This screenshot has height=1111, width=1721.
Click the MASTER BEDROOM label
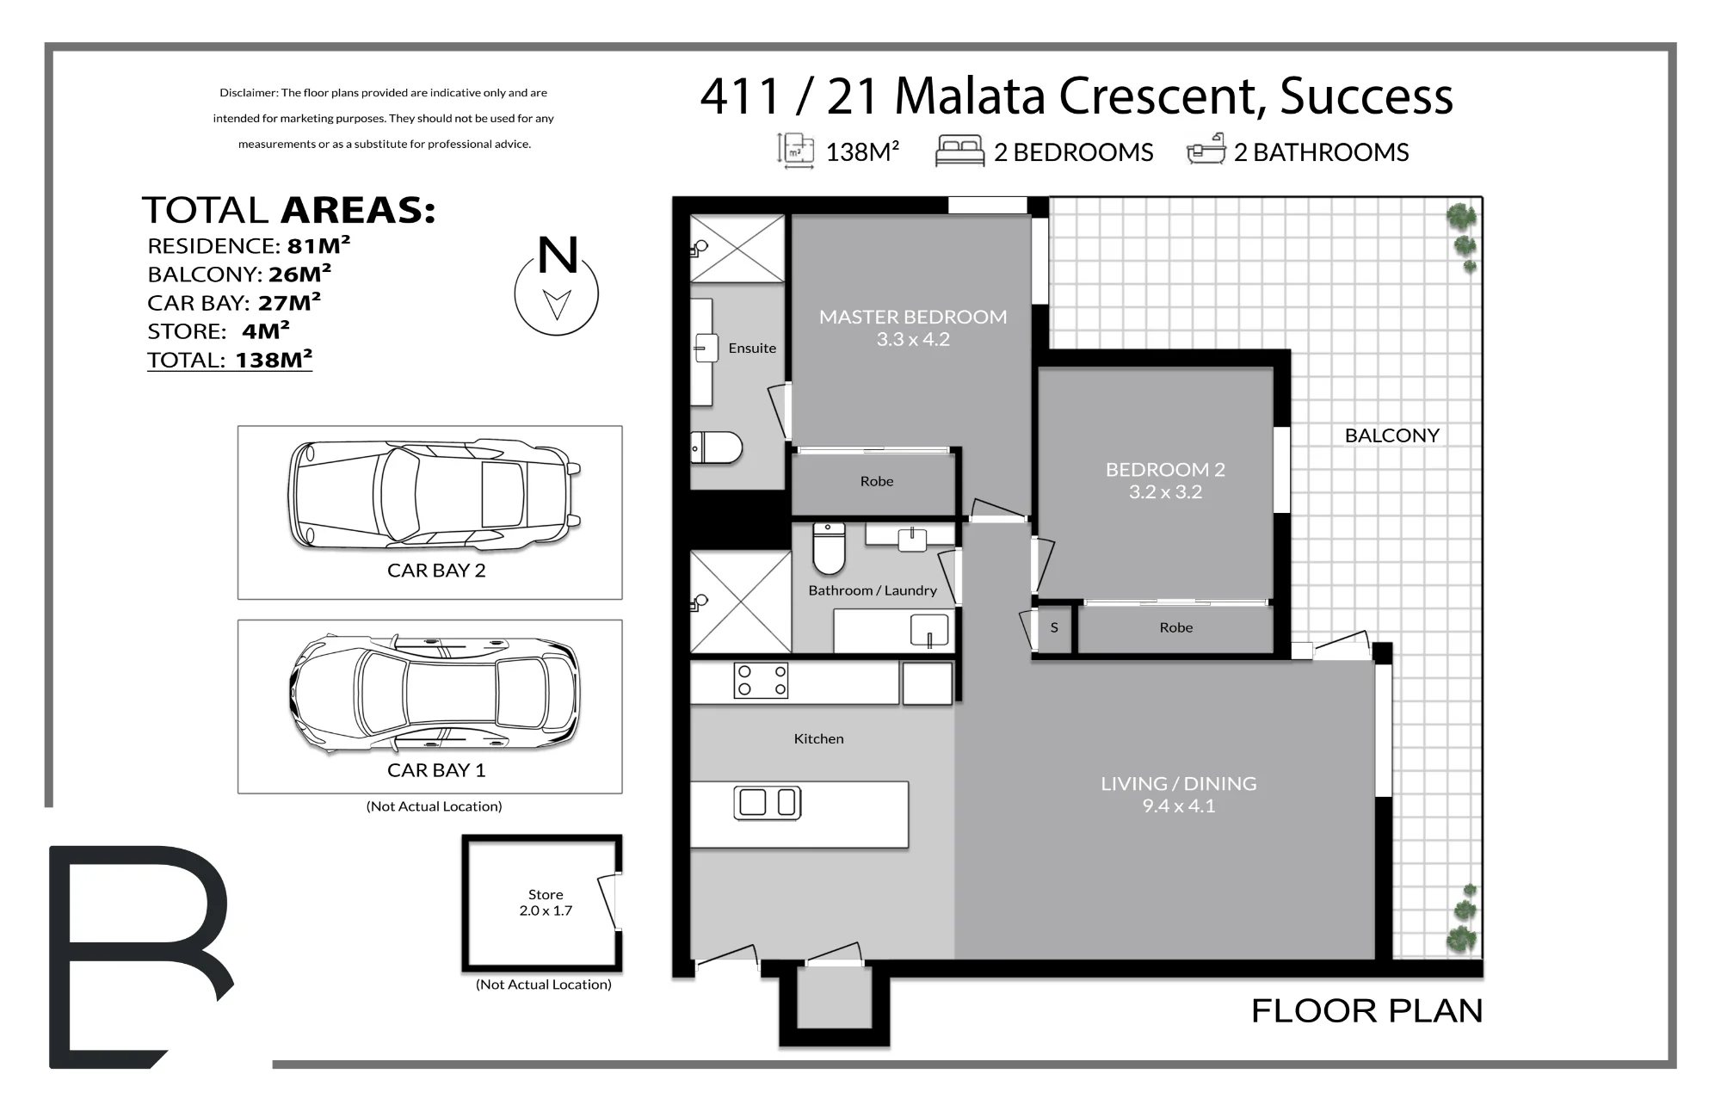(913, 317)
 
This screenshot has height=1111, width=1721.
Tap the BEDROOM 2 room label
(1165, 470)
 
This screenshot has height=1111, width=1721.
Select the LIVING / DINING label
(1178, 784)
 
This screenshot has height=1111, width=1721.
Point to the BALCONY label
(1391, 435)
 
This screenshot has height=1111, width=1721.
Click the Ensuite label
(752, 348)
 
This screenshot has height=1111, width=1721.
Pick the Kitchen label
(818, 738)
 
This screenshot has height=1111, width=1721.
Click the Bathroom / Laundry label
(873, 590)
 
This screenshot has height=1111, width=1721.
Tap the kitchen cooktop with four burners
(761, 681)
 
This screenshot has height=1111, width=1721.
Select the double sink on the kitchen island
(768, 802)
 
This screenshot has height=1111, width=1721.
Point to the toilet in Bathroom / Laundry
(829, 548)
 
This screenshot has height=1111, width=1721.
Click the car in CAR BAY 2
(435, 495)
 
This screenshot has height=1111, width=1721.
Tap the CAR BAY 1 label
(436, 770)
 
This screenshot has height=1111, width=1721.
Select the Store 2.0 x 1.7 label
(546, 903)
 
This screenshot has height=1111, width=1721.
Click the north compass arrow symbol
(557, 304)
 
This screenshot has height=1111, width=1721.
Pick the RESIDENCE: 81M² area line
(249, 245)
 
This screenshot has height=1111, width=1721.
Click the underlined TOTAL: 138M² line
(230, 360)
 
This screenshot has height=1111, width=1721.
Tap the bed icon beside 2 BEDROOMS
(959, 151)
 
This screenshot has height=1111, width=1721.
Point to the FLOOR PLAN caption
(1366, 1011)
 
